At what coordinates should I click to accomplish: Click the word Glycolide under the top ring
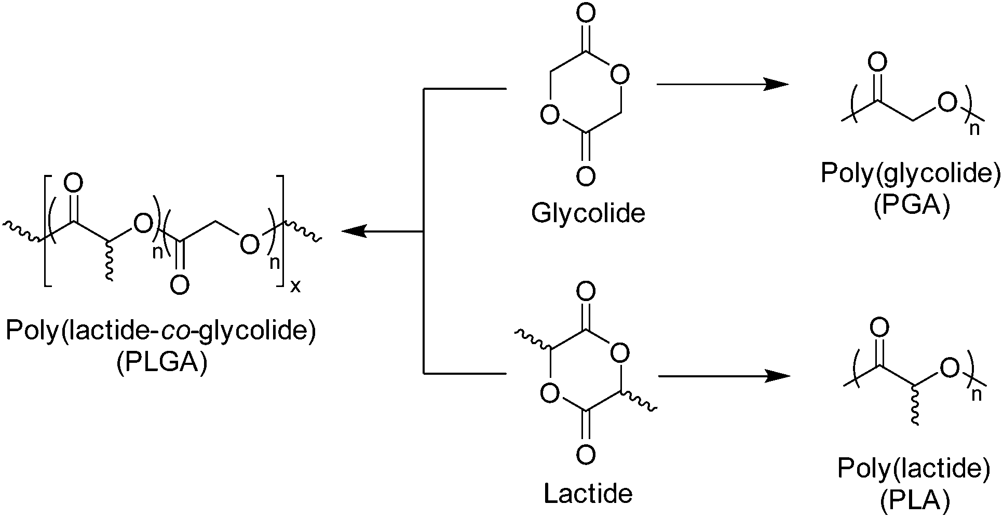[x=588, y=213]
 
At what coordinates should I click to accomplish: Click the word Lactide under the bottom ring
[x=588, y=493]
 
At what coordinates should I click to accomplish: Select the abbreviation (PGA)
[x=911, y=206]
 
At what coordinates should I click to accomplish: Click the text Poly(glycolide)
[x=911, y=173]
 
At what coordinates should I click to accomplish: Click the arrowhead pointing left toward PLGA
[x=352, y=231]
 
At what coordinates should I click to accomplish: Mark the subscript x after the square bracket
[x=295, y=286]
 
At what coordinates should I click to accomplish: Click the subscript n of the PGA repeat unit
[x=975, y=129]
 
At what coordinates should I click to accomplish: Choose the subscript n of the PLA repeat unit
[x=976, y=395]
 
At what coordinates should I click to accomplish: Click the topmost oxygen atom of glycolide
[x=586, y=15]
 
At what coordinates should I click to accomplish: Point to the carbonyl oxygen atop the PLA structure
[x=879, y=328]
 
